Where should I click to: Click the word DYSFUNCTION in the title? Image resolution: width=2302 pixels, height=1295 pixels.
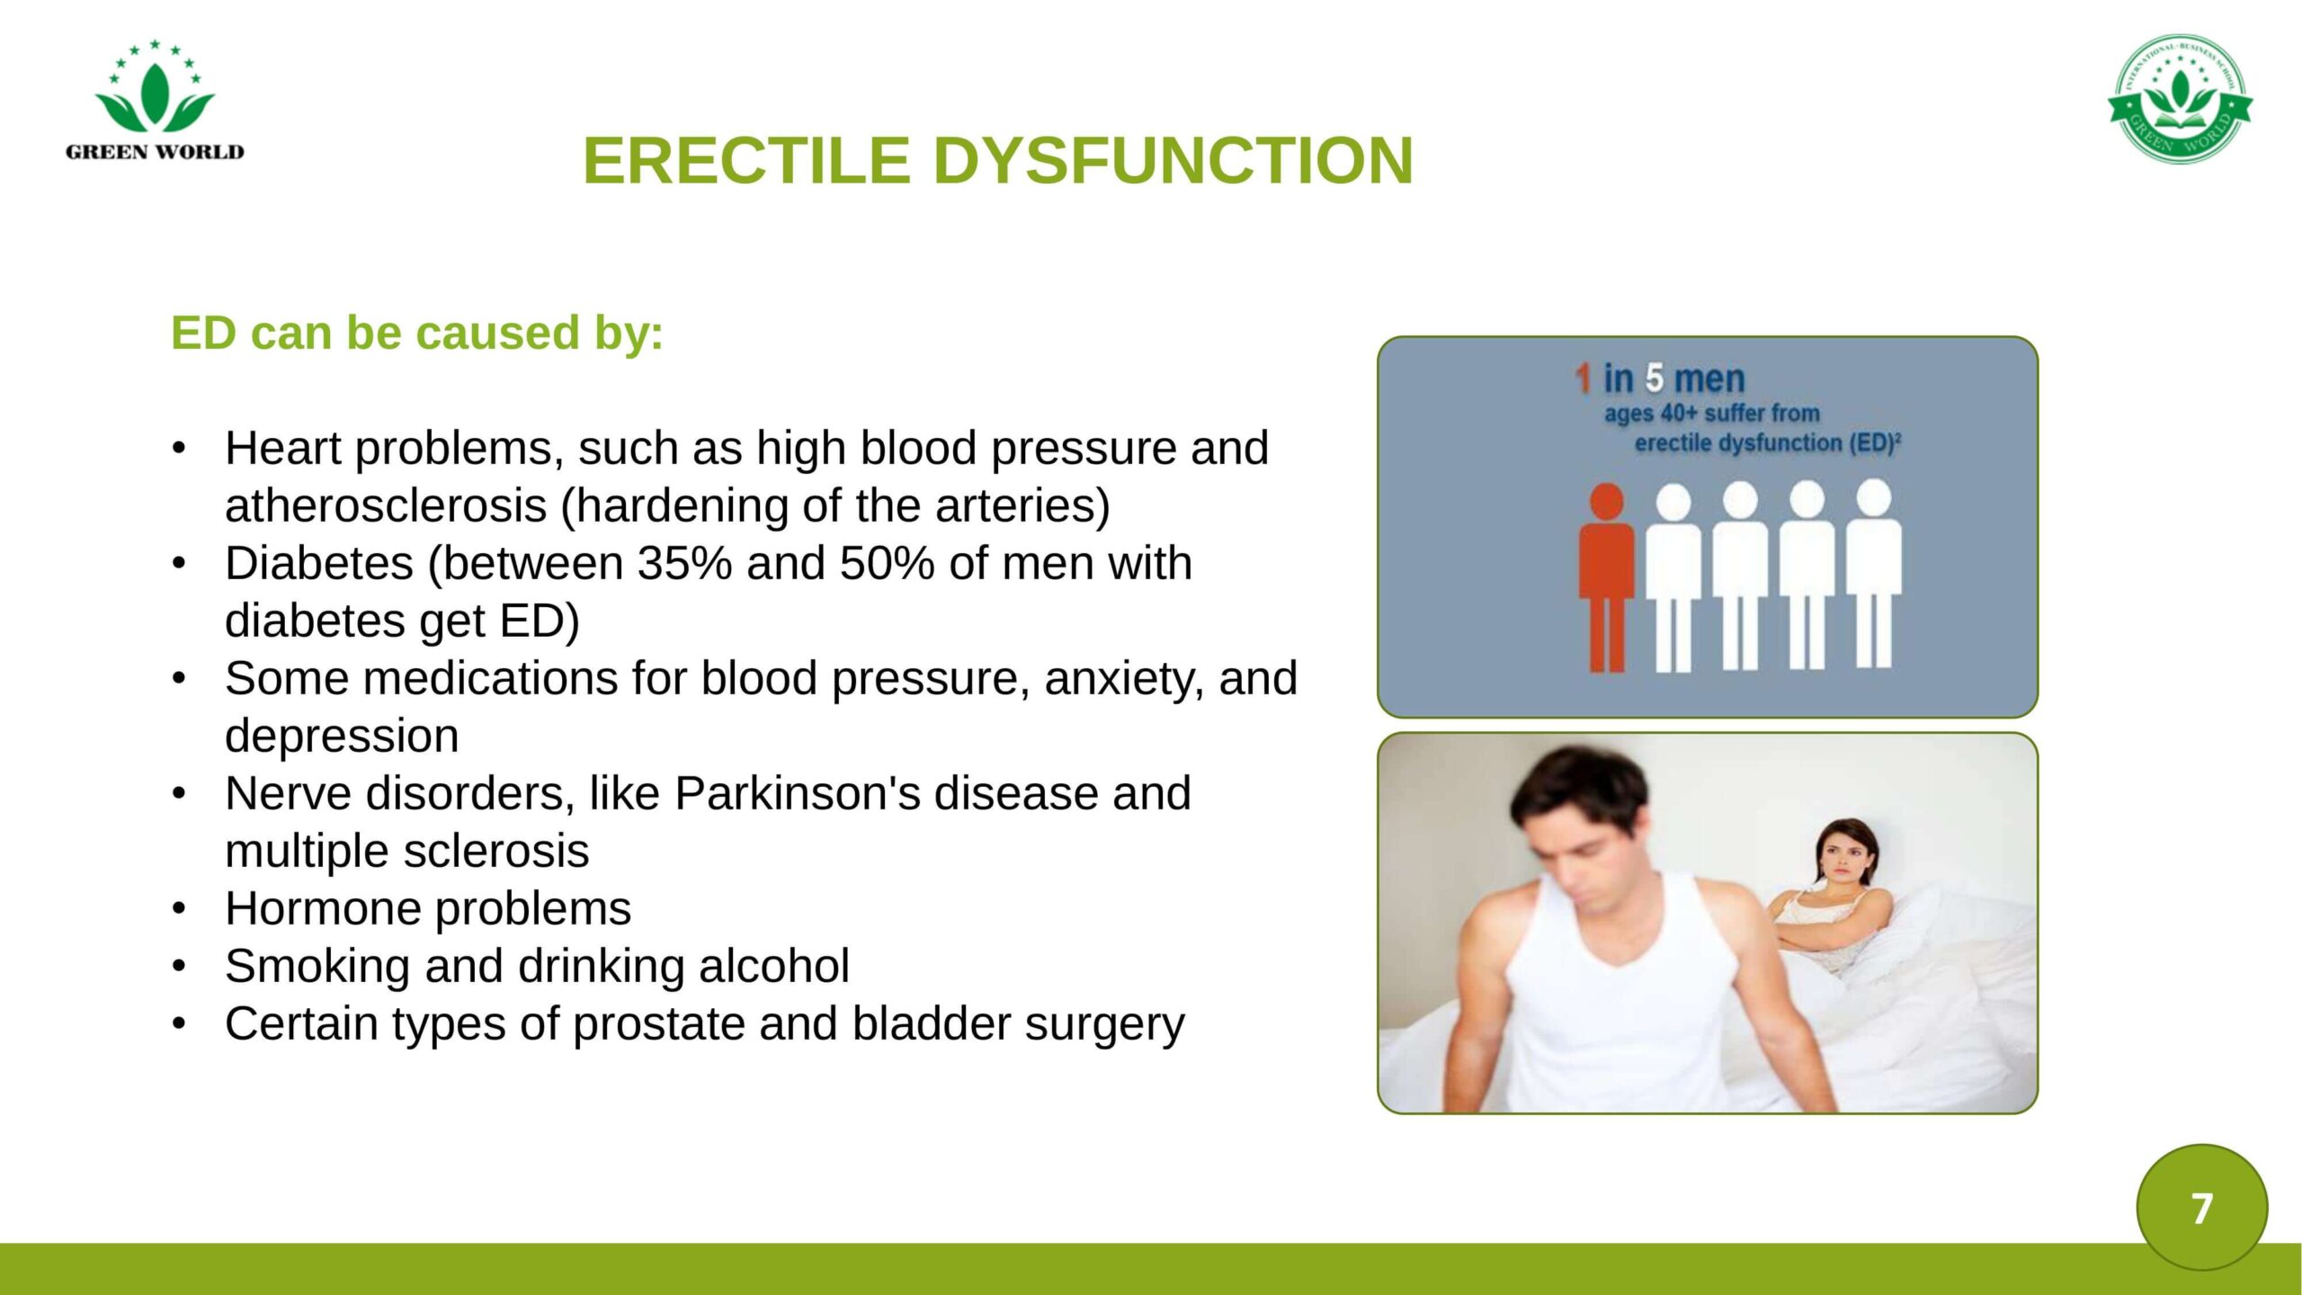pos(1173,161)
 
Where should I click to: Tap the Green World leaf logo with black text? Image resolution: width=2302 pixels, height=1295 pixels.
pos(155,100)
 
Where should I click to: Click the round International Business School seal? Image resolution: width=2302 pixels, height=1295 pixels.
pos(2180,99)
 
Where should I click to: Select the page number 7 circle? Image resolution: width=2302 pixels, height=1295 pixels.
pos(2202,1207)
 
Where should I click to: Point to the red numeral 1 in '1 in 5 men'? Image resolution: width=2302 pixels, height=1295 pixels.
pos(1584,379)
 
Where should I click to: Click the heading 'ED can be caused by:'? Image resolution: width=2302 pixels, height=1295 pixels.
pos(417,333)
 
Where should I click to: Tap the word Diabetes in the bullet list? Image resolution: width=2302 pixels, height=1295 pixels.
pos(319,564)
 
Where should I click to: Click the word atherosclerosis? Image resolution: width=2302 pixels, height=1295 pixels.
pos(386,506)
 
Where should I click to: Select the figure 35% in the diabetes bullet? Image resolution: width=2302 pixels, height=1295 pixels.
pos(684,564)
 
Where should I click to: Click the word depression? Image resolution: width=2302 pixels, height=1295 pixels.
pos(342,737)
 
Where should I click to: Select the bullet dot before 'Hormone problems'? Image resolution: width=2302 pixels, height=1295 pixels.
pos(179,909)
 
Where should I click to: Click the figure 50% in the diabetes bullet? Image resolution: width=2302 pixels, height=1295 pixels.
pos(888,564)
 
